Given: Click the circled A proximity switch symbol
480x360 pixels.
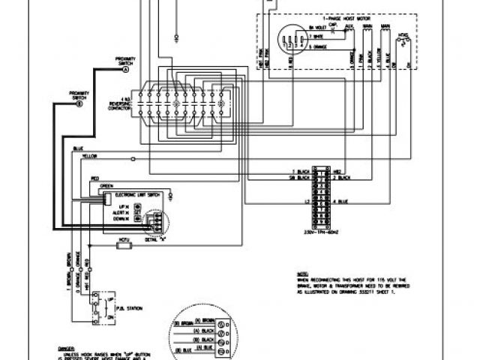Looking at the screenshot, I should [x=125, y=69].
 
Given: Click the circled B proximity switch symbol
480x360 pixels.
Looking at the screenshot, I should [x=79, y=106].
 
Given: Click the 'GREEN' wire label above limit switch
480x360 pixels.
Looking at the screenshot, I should [x=106, y=184].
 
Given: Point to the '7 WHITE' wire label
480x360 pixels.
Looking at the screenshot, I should [x=316, y=35].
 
